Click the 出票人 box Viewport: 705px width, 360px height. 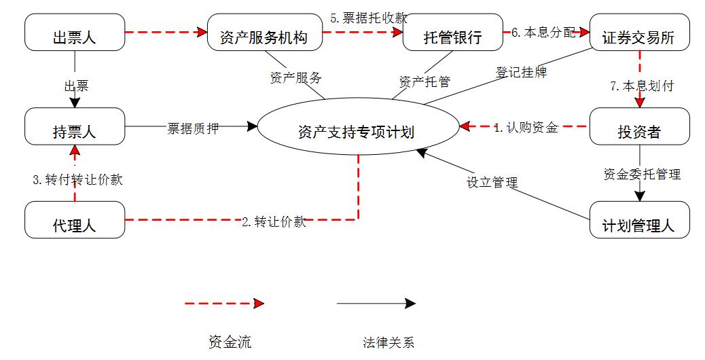tap(75, 33)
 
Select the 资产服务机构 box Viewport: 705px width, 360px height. tap(264, 33)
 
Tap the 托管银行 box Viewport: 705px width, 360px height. tap(452, 33)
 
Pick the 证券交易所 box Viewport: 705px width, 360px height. tap(639, 33)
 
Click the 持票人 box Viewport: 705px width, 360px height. tap(75, 126)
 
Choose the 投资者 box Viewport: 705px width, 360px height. tap(639, 126)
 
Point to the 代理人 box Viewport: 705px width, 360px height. tap(75, 220)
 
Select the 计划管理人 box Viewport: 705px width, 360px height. tap(639, 220)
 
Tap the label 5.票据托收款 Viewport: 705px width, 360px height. tap(369, 18)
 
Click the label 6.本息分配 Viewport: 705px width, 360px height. tap(543, 33)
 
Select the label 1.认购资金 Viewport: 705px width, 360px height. tap(526, 127)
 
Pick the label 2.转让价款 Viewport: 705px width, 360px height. tap(274, 221)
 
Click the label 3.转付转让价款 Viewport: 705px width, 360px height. tap(78, 180)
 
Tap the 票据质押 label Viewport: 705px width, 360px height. tap(194, 128)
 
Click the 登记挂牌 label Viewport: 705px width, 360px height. tap(522, 72)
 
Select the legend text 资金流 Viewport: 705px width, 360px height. tap(230, 342)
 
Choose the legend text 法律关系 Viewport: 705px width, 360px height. tap(388, 342)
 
